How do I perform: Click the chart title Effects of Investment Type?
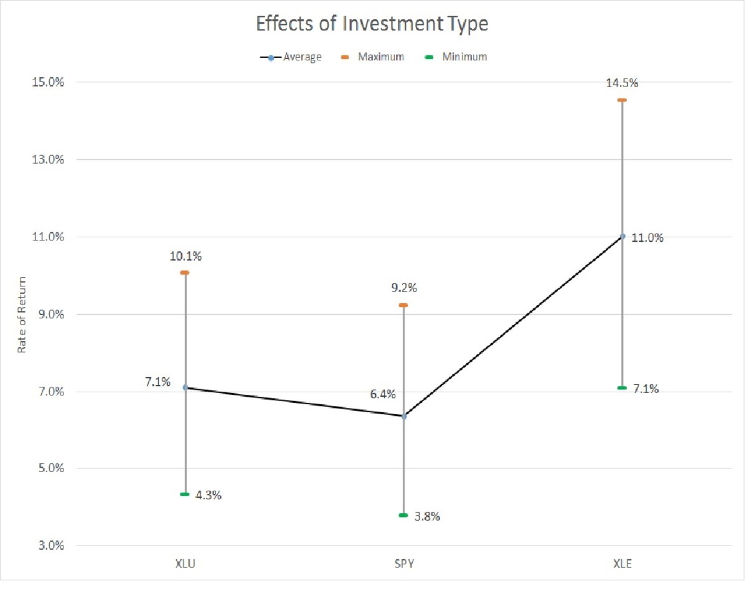point(373,25)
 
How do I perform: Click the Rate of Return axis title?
point(21,314)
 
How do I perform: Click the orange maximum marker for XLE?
point(622,100)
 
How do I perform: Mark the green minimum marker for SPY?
point(403,515)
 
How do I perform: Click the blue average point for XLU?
point(185,387)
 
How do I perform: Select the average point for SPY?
point(403,416)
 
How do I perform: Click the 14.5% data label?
point(622,83)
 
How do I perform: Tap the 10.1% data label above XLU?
point(185,257)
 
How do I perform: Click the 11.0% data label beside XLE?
point(647,238)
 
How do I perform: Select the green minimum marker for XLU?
point(185,494)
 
